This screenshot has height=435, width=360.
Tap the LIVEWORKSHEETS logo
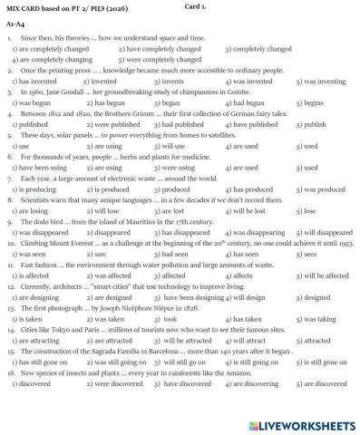click(x=296, y=423)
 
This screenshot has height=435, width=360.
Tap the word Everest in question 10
click(x=86, y=245)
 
